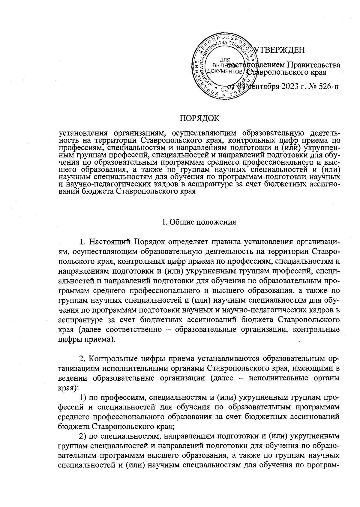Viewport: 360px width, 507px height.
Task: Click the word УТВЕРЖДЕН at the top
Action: [x=279, y=50]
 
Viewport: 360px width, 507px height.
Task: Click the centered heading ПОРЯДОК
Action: [x=199, y=118]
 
